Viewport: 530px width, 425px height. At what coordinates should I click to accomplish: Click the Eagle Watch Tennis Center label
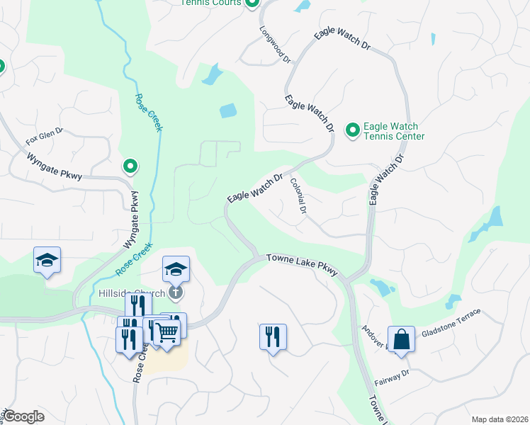coord(394,131)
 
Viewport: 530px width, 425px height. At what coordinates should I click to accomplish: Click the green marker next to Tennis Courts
coord(252,3)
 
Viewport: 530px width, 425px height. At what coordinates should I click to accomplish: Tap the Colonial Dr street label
coord(298,196)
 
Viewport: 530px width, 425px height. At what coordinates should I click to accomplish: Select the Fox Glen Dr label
coord(45,137)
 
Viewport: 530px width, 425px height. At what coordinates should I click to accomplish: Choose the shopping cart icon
coord(167,331)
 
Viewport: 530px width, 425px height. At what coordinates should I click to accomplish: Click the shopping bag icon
coord(401,339)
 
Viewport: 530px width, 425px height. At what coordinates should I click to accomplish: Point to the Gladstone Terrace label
coord(451,322)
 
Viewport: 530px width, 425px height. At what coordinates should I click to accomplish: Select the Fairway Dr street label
coord(392,378)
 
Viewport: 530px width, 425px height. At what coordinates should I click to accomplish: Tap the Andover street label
coord(375,339)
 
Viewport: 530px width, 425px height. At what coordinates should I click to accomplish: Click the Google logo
coord(23,416)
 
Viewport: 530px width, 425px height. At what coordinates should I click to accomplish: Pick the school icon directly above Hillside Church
coord(176,269)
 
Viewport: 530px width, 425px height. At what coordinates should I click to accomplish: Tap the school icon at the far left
coord(47,260)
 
